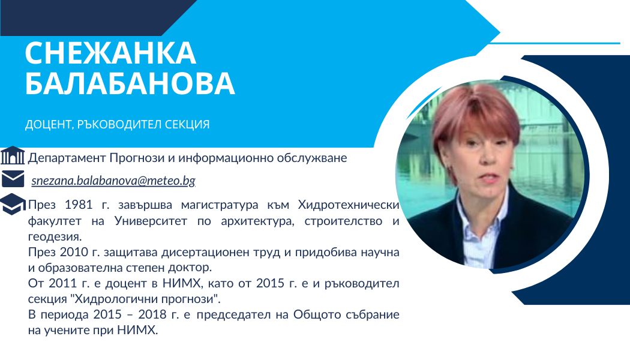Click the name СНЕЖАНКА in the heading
(x=110, y=53)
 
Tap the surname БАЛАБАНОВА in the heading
(x=130, y=83)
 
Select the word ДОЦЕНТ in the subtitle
(x=48, y=125)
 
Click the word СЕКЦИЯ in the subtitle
(x=187, y=125)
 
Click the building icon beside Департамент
(x=13, y=155)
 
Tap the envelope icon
(x=13, y=179)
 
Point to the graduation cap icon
(x=13, y=204)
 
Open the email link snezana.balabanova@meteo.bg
(x=113, y=181)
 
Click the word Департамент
(x=67, y=158)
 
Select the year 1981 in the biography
(x=79, y=205)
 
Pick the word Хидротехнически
(x=349, y=205)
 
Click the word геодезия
(x=55, y=236)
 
